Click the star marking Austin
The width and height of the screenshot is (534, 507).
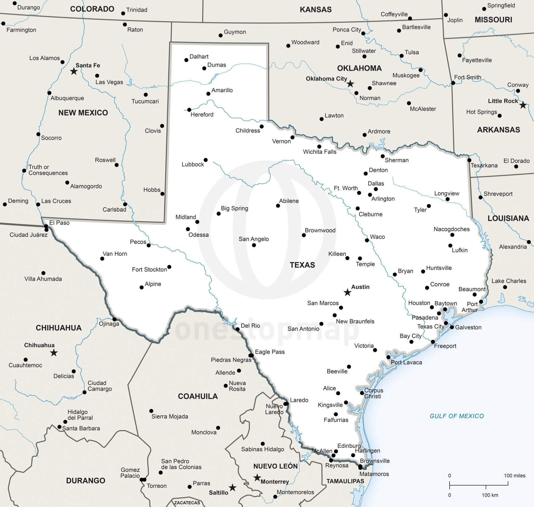(x=347, y=293)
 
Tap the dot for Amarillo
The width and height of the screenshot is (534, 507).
(x=208, y=94)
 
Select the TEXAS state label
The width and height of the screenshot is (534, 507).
(x=302, y=265)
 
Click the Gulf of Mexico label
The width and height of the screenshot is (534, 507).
(x=457, y=416)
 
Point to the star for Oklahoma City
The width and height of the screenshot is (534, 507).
(x=350, y=84)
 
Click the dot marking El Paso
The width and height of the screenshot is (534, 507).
(x=46, y=226)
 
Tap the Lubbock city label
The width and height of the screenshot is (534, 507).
(x=193, y=164)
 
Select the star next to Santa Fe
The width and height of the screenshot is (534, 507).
(x=74, y=71)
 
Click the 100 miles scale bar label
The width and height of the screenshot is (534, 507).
(x=514, y=476)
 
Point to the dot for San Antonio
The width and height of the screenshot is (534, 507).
(x=321, y=324)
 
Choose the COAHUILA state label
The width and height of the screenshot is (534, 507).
(x=198, y=396)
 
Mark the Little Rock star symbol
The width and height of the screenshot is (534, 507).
(x=523, y=105)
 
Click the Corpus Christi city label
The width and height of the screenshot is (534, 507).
(x=374, y=393)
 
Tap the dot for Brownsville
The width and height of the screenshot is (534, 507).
(x=360, y=466)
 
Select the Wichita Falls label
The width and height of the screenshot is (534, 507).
(x=320, y=152)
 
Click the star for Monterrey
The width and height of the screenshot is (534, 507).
(x=257, y=478)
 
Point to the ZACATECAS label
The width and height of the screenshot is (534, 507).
(x=187, y=503)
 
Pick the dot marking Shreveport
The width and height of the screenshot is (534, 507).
(x=481, y=197)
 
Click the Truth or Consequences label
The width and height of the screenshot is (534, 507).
(x=48, y=170)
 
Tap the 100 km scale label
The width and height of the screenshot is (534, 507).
(x=490, y=495)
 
